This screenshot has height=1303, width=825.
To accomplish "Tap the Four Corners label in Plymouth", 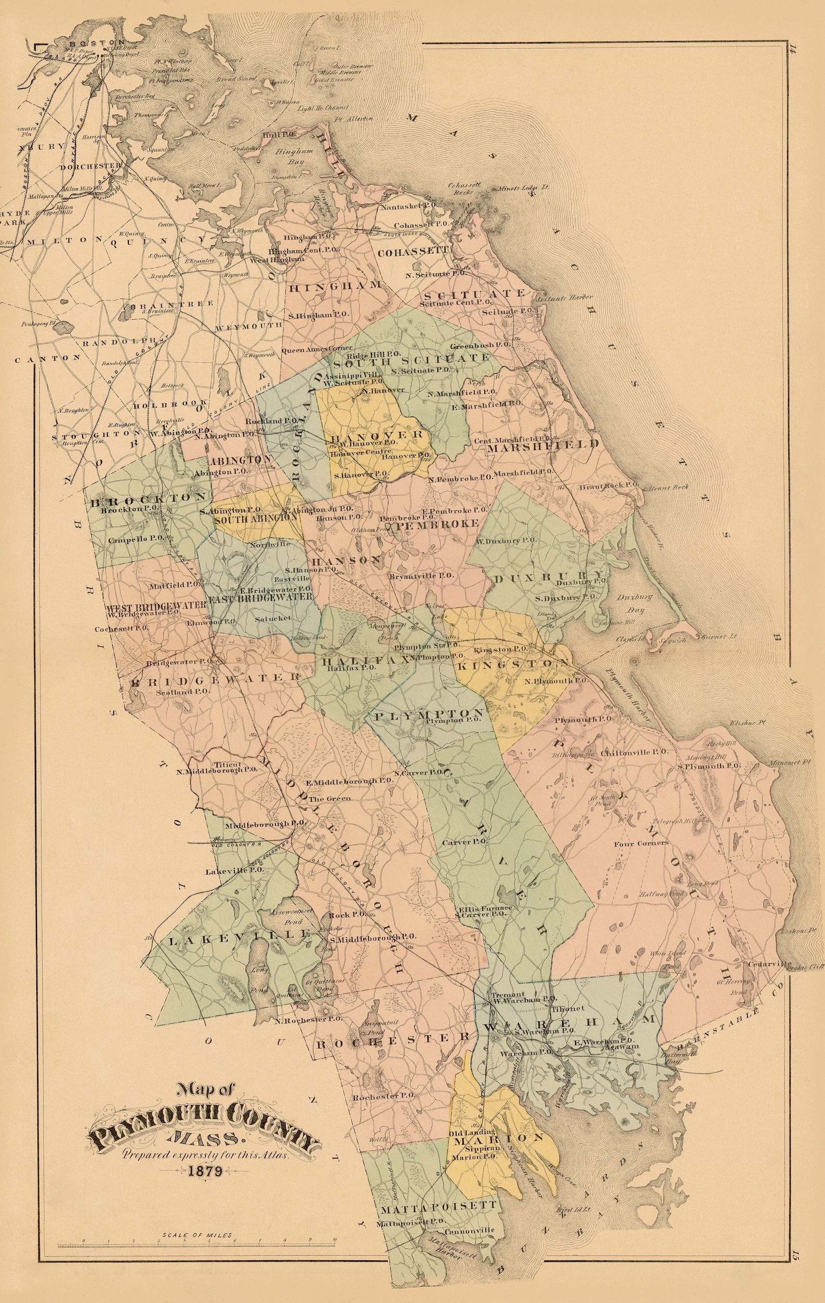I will coord(641,843).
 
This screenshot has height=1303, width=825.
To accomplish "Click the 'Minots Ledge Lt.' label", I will coord(521,188).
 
